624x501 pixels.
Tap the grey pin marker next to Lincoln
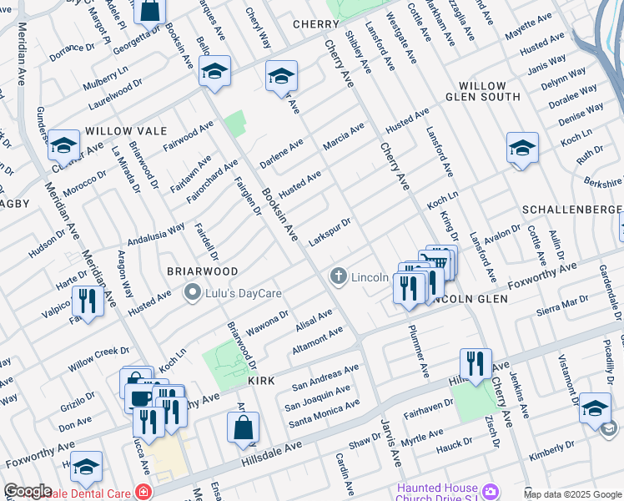point(338,276)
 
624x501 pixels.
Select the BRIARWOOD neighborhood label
point(202,271)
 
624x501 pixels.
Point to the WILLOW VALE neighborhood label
point(126,131)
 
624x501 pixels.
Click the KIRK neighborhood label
point(261,380)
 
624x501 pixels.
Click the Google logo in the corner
point(28,491)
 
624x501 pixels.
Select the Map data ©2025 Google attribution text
point(572,494)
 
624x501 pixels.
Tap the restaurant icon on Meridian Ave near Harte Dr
point(86,299)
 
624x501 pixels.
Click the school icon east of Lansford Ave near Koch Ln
point(522,148)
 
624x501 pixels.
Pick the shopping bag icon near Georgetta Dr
point(150,11)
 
